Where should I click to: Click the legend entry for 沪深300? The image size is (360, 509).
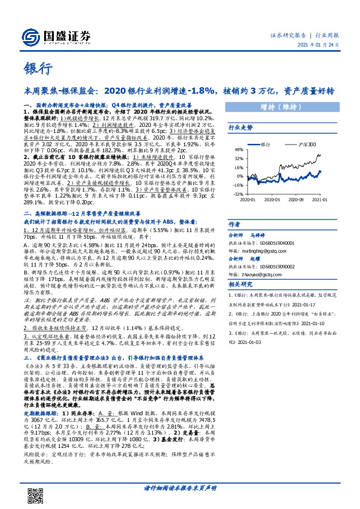[306, 145]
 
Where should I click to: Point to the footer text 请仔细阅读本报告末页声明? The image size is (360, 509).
[180, 488]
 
